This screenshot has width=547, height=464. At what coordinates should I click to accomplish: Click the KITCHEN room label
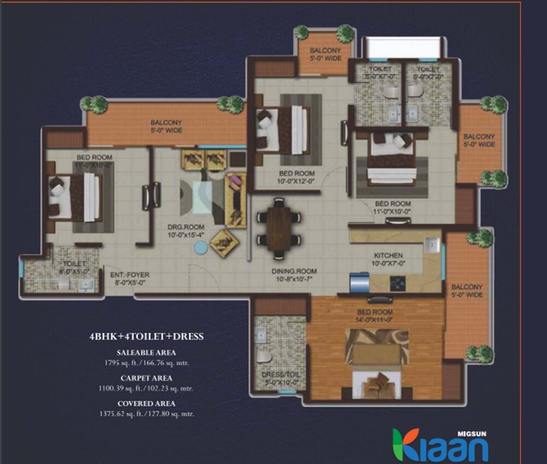tap(388, 255)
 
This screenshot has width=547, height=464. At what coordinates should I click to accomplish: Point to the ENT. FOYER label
tap(130, 275)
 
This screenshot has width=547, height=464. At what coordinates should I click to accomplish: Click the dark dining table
tap(279, 225)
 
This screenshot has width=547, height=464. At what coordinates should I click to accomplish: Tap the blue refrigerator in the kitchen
tap(359, 284)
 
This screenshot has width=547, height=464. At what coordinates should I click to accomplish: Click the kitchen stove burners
tap(397, 284)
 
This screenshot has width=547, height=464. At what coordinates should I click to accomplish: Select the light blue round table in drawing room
tap(201, 247)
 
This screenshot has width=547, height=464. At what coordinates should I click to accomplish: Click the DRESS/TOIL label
tap(272, 375)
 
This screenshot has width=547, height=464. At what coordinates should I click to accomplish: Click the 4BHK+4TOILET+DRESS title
tap(146, 337)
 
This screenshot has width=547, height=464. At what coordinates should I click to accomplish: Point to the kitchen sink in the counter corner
tap(432, 245)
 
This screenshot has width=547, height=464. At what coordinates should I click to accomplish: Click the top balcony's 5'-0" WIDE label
tap(325, 58)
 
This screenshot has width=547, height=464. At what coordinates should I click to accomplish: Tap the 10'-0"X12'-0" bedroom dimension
tap(296, 181)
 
